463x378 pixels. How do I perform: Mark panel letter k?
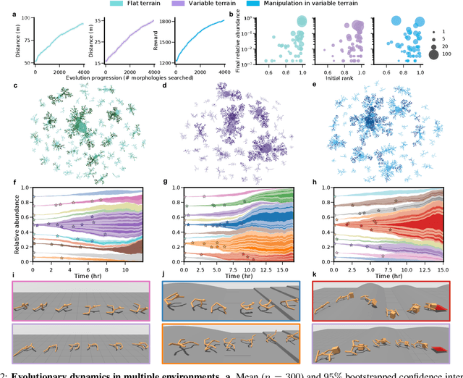point(313,277)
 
